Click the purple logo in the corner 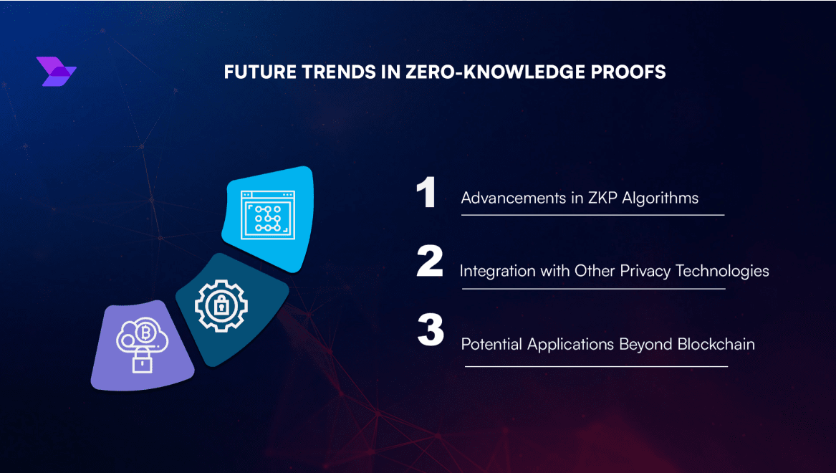56,72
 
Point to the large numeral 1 426,192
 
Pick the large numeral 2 430,261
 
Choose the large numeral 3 431,330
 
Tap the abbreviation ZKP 602,198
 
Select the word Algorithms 660,199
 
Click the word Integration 497,272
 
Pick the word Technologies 722,272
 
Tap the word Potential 491,345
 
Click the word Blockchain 716,345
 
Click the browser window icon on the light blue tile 268,214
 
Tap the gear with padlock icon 221,306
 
